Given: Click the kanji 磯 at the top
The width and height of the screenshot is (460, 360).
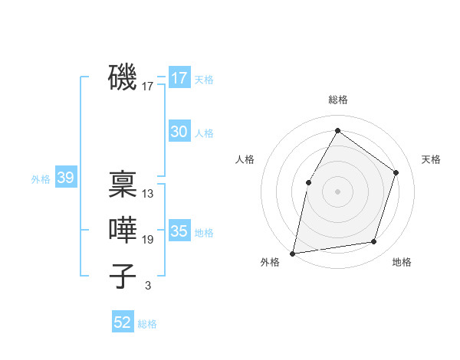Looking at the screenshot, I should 123,77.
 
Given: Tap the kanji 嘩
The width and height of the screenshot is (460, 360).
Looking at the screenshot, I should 123,230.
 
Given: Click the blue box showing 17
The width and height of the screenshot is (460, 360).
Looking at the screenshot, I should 179,77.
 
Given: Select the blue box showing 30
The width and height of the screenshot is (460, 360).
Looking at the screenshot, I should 179,132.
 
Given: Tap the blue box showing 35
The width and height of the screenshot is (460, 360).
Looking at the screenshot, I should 179,231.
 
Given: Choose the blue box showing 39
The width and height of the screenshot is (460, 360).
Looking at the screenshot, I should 65,178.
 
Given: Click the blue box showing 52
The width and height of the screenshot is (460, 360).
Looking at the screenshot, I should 123,322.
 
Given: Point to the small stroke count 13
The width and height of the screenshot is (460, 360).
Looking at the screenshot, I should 148,194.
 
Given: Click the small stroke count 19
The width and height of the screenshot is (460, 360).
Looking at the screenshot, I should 148,240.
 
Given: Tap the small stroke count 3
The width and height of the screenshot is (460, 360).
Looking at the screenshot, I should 148,286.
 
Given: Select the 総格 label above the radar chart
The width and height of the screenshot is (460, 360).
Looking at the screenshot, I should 337,100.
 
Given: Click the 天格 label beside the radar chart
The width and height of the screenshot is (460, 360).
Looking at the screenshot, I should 432,159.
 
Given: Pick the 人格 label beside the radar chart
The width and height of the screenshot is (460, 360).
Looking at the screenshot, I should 245,159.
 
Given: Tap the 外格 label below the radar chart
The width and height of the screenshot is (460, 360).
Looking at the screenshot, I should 270,262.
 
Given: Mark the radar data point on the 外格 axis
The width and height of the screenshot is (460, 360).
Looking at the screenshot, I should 293,253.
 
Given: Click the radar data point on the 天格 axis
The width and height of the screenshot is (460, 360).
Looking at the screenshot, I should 396,172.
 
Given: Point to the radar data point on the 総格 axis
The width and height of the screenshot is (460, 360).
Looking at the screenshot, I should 337,131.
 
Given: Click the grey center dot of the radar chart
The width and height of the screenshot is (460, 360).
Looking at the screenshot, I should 337,191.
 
